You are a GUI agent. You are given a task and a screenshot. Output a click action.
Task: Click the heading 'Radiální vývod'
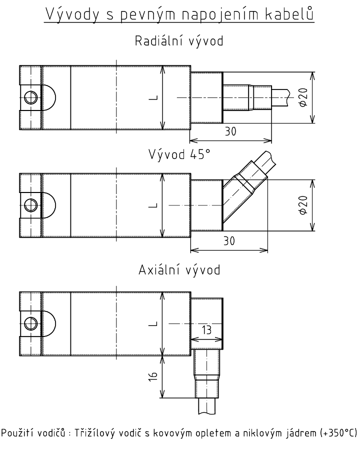coord(179,41)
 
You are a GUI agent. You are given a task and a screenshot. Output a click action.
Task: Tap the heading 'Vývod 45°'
coord(179,154)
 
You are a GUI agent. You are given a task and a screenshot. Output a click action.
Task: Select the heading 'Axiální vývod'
coord(179,270)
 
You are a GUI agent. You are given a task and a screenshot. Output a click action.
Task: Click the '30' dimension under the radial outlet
coord(230,131)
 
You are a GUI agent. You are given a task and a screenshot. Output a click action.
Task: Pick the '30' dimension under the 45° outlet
coord(229,241)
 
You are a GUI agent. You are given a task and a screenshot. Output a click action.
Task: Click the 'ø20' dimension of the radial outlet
coord(303,97)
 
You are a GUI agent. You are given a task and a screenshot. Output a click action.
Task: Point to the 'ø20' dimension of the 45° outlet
coord(303,205)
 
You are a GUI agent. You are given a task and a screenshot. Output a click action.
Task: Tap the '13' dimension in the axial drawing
coord(207,330)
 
